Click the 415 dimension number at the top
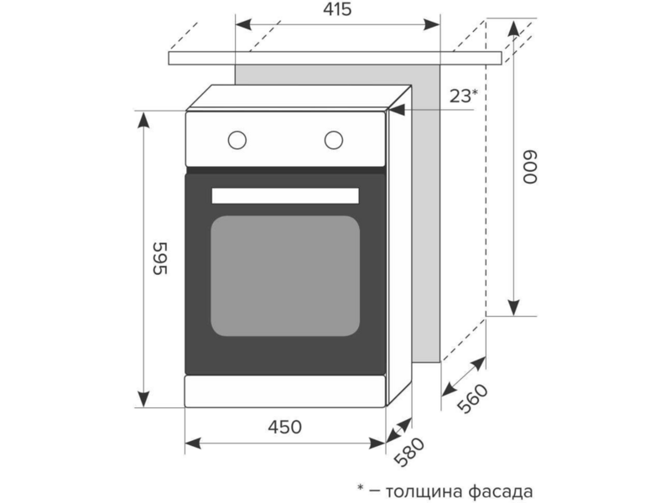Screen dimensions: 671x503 coord(337,9)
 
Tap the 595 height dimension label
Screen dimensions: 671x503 coord(160,258)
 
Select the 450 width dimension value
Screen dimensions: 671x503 coord(284,427)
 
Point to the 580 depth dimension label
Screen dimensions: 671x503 coord(409,452)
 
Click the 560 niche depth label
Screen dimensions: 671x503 coord(472,399)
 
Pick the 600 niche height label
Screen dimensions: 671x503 coord(530,167)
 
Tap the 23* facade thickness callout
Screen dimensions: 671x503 coord(463,96)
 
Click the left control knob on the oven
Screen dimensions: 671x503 coord(237,140)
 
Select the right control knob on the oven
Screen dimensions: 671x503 coord(333,140)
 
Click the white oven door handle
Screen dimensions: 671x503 coord(285,195)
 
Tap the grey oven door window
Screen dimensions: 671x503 coord(285,276)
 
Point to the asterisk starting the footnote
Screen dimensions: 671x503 coord(361,487)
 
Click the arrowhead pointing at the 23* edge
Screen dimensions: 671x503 coord(397,110)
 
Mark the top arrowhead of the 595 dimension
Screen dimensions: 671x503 coord(143,119)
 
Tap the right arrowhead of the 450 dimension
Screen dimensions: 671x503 coord(377,443)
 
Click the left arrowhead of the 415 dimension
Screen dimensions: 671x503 coord(243,25)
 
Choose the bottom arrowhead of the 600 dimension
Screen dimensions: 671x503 coord(513,308)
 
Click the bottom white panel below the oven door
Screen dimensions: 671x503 coord(285,391)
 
